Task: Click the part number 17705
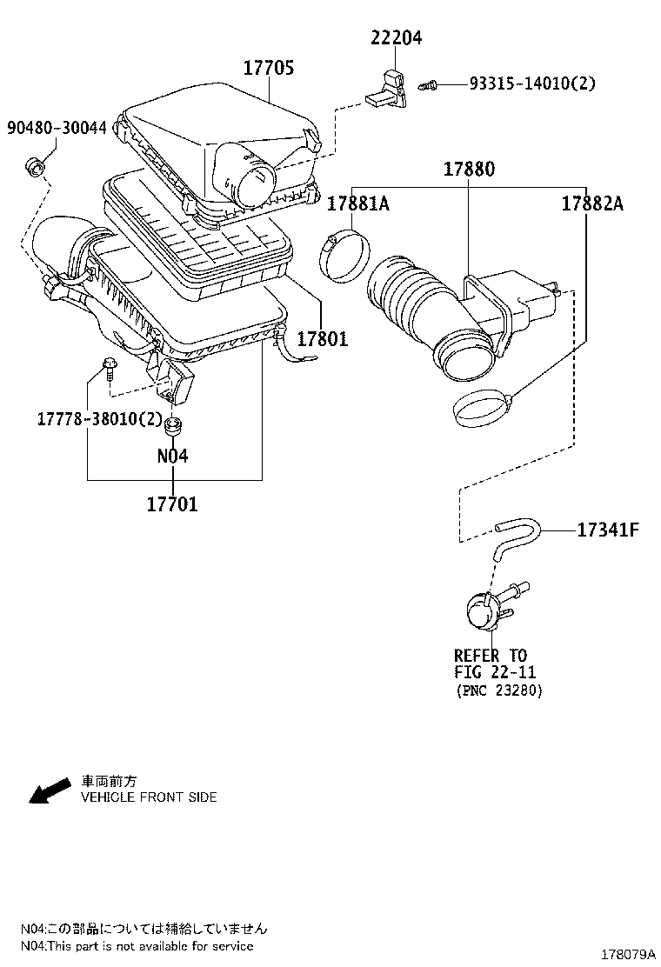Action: click(268, 67)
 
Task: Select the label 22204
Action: click(397, 37)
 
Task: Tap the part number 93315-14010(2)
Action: click(533, 83)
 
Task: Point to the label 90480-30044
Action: click(57, 128)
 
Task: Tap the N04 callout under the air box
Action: click(172, 456)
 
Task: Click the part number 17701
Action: click(171, 504)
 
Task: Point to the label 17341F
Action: click(608, 529)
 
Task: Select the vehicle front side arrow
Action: click(49, 790)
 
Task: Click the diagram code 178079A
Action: click(623, 954)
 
